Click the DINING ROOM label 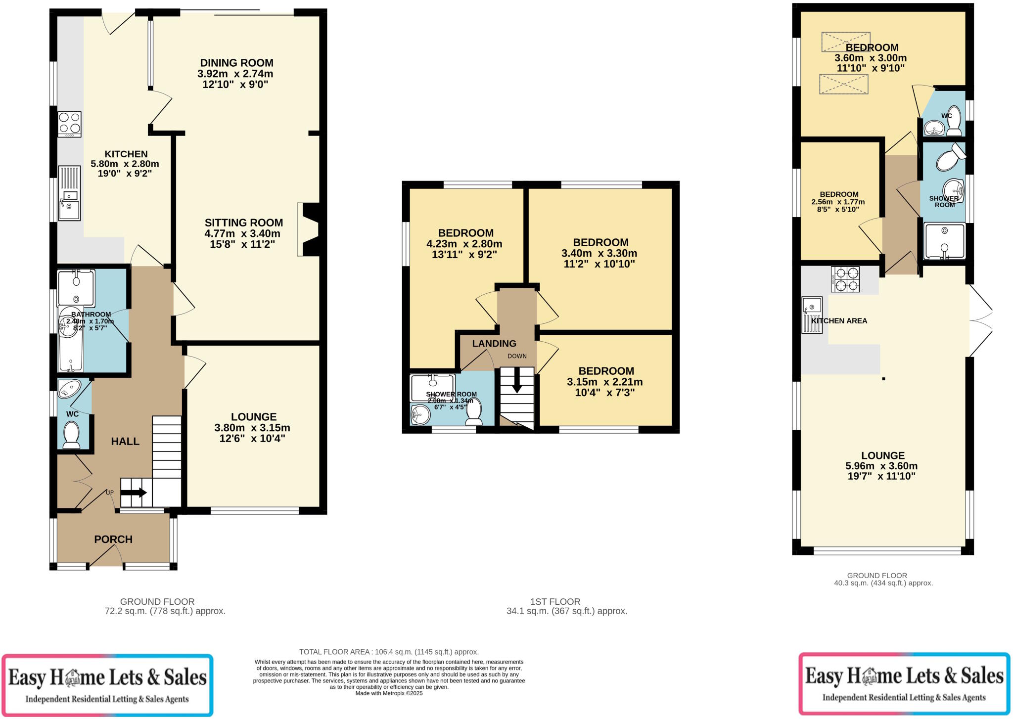[x=236, y=63]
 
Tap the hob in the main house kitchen [x=69, y=124]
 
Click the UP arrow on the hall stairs [x=134, y=493]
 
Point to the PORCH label [x=113, y=539]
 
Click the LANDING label [x=494, y=344]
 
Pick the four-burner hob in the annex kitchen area [x=845, y=279]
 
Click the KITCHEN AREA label [x=839, y=321]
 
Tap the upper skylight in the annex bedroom [x=845, y=42]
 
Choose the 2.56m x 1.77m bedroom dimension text [x=838, y=202]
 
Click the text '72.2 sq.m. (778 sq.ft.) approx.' [x=165, y=611]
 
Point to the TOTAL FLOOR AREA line [x=389, y=652]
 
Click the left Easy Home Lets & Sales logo [x=107, y=685]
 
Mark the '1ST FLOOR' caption [x=555, y=602]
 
